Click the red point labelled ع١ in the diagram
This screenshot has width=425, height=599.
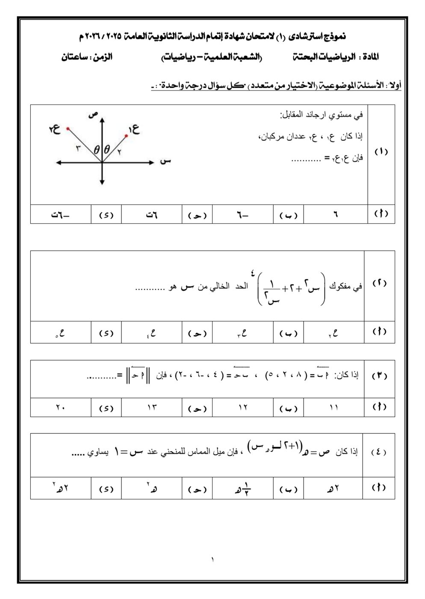coord(126,136)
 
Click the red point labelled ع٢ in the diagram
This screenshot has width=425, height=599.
coord(68,128)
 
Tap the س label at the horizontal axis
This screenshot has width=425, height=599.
coord(166,161)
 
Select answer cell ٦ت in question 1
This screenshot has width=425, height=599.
coord(151,214)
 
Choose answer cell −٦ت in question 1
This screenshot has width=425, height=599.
coord(60,214)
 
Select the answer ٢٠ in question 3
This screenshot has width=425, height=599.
coord(60,408)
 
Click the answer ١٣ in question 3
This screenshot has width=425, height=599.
coord(152,408)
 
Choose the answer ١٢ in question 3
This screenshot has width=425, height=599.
coord(242,408)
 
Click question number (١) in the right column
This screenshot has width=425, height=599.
coord(381,152)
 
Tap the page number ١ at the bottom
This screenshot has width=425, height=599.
coord(212,559)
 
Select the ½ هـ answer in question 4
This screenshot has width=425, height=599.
coord(242,489)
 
